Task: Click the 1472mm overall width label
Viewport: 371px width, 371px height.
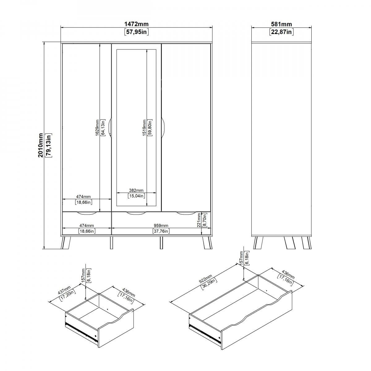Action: [x=137, y=24]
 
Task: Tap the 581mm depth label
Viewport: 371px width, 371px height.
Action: [x=281, y=24]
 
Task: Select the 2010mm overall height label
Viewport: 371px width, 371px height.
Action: [x=41, y=145]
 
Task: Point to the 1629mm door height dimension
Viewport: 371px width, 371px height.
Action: [x=97, y=128]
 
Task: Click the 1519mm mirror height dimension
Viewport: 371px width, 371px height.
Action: [x=144, y=128]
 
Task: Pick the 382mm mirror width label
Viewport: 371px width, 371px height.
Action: [x=136, y=190]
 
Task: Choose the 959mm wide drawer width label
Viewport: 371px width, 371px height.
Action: [x=161, y=225]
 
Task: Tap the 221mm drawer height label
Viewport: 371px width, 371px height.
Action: [x=199, y=220]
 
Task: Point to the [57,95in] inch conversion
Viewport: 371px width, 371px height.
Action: [x=137, y=32]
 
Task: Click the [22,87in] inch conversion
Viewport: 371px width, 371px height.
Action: [x=281, y=32]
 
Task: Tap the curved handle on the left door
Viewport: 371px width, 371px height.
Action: [x=110, y=128]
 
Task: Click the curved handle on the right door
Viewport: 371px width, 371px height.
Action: [x=163, y=128]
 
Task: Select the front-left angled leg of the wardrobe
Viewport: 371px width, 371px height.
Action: [x=66, y=243]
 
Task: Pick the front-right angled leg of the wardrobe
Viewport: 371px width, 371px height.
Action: [x=207, y=243]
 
